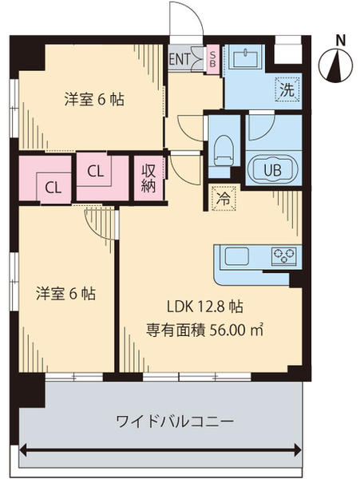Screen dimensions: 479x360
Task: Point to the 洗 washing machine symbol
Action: click(x=285, y=89)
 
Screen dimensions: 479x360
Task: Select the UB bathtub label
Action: click(x=272, y=169)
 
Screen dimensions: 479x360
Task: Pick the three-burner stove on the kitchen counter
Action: click(x=283, y=256)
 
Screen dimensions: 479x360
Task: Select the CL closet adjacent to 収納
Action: click(x=95, y=171)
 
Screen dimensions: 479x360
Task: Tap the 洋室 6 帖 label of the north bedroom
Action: click(x=93, y=100)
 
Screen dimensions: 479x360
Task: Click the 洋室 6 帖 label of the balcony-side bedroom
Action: click(x=66, y=293)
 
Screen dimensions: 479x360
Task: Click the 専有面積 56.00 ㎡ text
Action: click(x=205, y=329)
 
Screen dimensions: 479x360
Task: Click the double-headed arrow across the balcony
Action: click(x=163, y=453)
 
